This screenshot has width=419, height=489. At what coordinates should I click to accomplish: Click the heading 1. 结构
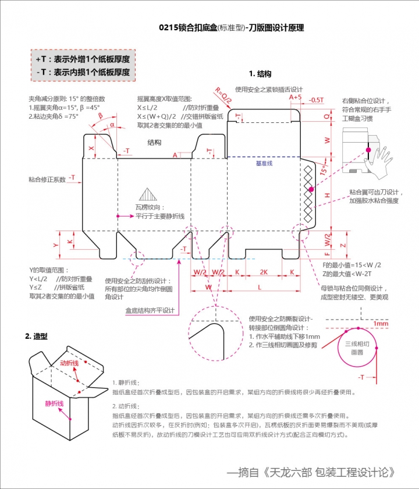[x=260, y=74]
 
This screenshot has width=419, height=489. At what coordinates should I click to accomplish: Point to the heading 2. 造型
[x=36, y=336]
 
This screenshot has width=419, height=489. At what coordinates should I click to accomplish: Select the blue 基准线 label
[x=265, y=164]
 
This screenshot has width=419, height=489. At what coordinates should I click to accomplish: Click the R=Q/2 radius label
[x=223, y=96]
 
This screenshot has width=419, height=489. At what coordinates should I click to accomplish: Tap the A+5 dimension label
[x=296, y=98]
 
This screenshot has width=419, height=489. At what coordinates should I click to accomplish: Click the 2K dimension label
[x=264, y=272]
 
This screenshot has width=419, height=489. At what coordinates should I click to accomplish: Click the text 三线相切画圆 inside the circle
[x=356, y=349]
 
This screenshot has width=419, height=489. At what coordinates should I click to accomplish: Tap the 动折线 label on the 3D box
[x=69, y=363]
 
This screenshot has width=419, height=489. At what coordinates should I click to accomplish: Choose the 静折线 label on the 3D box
[x=54, y=403]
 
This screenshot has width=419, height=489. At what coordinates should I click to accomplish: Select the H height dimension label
[x=327, y=195]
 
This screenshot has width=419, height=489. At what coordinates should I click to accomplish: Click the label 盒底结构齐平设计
[x=150, y=310]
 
